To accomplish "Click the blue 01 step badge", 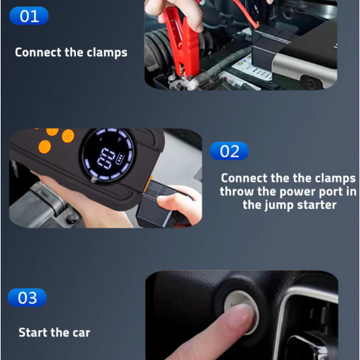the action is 29,16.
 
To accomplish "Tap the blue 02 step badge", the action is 229,151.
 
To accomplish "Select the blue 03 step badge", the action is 27,298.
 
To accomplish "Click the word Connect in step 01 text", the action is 39,52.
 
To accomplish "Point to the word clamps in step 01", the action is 107,53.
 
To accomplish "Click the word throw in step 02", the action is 237,191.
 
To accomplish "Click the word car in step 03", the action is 81,333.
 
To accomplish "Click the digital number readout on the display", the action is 105,158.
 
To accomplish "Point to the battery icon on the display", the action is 120,159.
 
